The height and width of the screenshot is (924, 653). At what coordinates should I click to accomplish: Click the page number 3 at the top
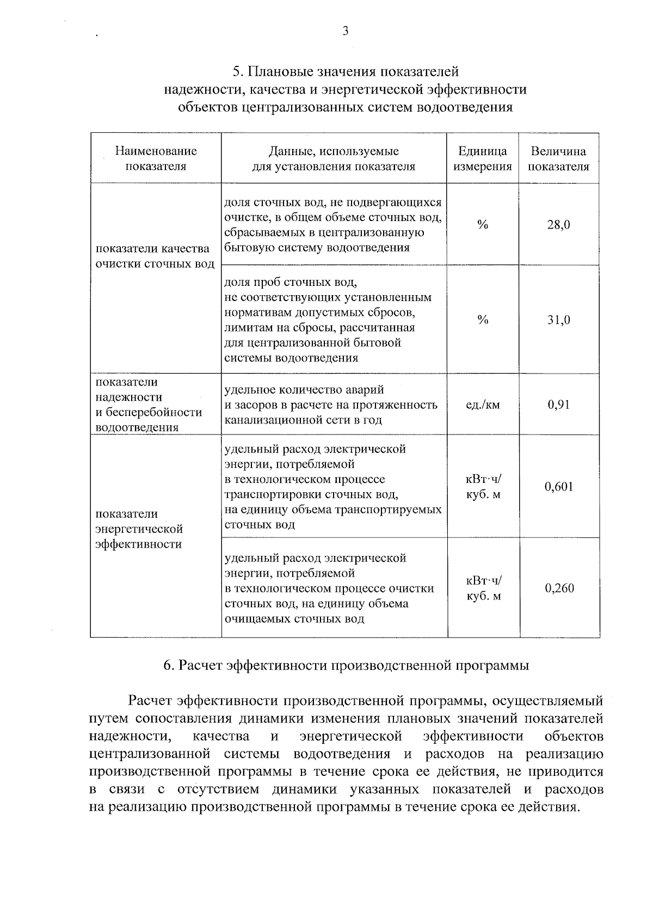point(345,31)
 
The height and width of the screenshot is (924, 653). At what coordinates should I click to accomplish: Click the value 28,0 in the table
point(559,224)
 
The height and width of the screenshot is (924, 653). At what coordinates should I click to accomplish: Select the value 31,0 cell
point(559,320)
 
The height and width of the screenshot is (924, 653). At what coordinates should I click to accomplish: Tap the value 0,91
point(559,405)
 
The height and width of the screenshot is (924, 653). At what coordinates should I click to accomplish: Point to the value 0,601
point(559,486)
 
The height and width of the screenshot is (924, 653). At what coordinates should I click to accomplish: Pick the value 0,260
point(559,588)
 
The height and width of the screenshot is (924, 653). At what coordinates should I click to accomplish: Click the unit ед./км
point(483,405)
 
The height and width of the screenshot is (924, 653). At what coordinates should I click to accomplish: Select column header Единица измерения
point(483,158)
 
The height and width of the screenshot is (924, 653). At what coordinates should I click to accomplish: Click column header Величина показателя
point(559,158)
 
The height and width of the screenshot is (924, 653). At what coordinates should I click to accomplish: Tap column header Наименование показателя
point(156,158)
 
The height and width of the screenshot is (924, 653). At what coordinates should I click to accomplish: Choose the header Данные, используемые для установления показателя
point(334,158)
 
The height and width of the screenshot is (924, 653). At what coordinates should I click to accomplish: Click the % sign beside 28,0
point(483,224)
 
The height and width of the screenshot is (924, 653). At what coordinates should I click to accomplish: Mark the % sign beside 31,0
point(483,320)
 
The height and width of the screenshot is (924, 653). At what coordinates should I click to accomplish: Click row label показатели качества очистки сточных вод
point(155,256)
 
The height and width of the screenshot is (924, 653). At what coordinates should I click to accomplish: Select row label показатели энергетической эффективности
point(139,529)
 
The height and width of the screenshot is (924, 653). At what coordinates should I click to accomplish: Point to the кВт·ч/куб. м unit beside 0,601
point(483,486)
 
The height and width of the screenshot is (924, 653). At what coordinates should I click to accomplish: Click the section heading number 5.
point(237,72)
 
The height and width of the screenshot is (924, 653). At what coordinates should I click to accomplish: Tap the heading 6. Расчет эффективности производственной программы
point(346,665)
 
